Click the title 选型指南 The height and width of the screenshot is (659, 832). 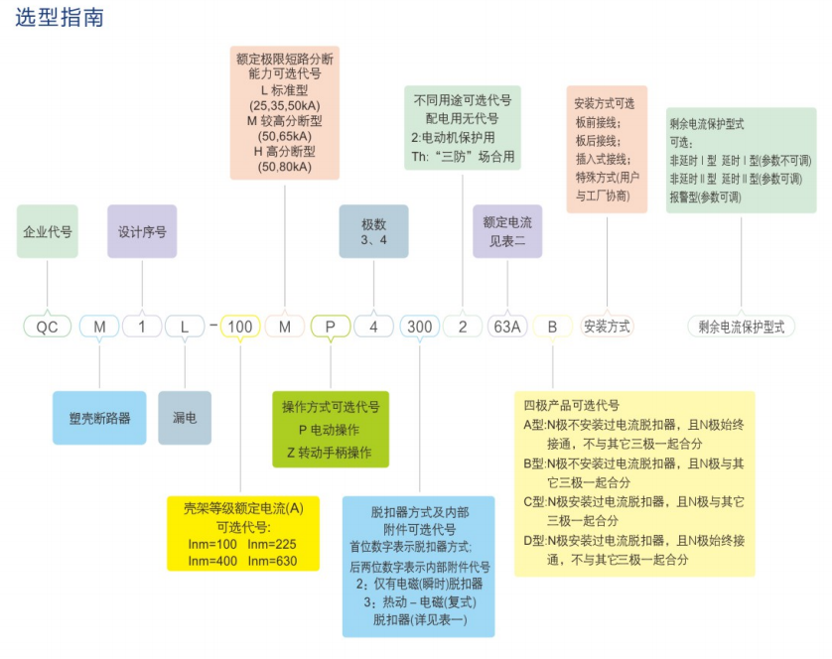[x=60, y=18]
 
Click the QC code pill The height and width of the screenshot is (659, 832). [x=48, y=327]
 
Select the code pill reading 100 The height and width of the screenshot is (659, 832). [x=240, y=327]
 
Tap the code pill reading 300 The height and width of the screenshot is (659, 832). [x=419, y=327]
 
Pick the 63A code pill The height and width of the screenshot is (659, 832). [x=507, y=327]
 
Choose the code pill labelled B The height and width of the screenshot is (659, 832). [x=552, y=327]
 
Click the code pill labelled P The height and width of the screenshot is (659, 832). [x=330, y=327]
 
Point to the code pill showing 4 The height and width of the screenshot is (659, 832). [x=373, y=327]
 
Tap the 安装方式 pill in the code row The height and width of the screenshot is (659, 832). [x=607, y=327]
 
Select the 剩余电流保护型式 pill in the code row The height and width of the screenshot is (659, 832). [x=742, y=327]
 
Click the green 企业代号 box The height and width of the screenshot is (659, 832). [x=48, y=231]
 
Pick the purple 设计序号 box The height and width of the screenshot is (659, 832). [x=142, y=231]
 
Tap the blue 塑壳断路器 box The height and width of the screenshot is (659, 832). [x=99, y=418]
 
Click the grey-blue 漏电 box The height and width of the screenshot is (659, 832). [x=185, y=418]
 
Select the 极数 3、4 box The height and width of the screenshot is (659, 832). [x=373, y=231]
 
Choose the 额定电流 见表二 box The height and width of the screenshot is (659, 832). [x=507, y=231]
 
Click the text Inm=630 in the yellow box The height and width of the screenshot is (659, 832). [x=272, y=561]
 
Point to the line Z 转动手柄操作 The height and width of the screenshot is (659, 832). [x=330, y=453]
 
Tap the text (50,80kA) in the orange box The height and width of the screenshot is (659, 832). [x=284, y=167]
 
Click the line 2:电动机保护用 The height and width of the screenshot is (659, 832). [x=453, y=137]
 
